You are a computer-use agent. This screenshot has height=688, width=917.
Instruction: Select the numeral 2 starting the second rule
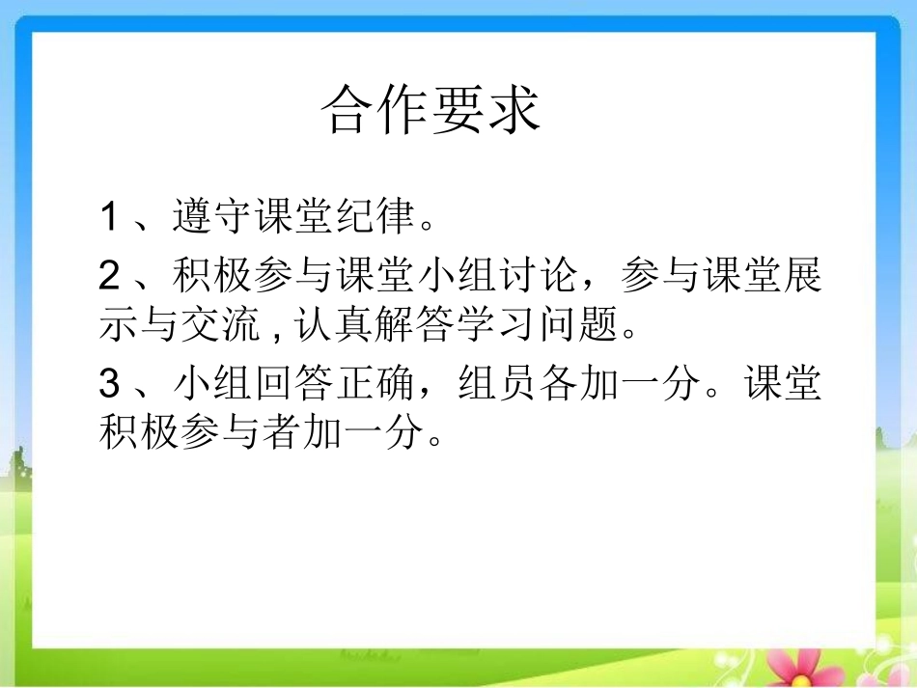(109, 277)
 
